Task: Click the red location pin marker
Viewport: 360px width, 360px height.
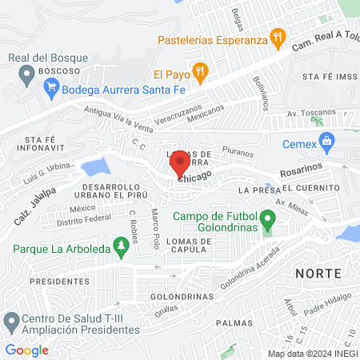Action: click(178, 166)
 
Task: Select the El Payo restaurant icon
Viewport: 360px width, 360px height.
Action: click(201, 71)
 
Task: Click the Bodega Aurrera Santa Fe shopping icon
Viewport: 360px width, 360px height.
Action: click(52, 90)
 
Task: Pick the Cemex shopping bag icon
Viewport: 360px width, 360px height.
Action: click(326, 142)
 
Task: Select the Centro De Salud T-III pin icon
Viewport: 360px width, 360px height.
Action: click(11, 322)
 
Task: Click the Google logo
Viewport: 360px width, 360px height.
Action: click(26, 350)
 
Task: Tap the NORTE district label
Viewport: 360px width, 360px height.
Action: click(318, 273)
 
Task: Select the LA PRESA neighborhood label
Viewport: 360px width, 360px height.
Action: click(257, 190)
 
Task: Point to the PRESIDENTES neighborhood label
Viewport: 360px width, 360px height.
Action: click(58, 282)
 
